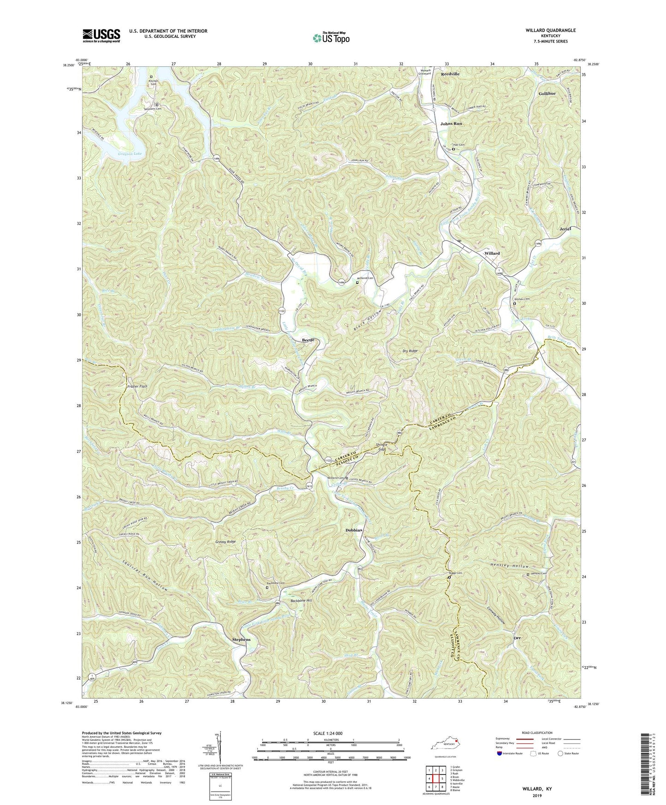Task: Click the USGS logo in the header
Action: click(x=101, y=35)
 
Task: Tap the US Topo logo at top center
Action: click(x=330, y=38)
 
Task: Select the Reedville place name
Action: click(x=450, y=74)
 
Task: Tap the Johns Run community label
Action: click(x=451, y=124)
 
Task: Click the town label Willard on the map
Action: click(x=492, y=254)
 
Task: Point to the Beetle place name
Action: click(x=308, y=340)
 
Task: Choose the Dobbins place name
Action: click(x=354, y=531)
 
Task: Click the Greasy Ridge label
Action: click(x=225, y=542)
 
